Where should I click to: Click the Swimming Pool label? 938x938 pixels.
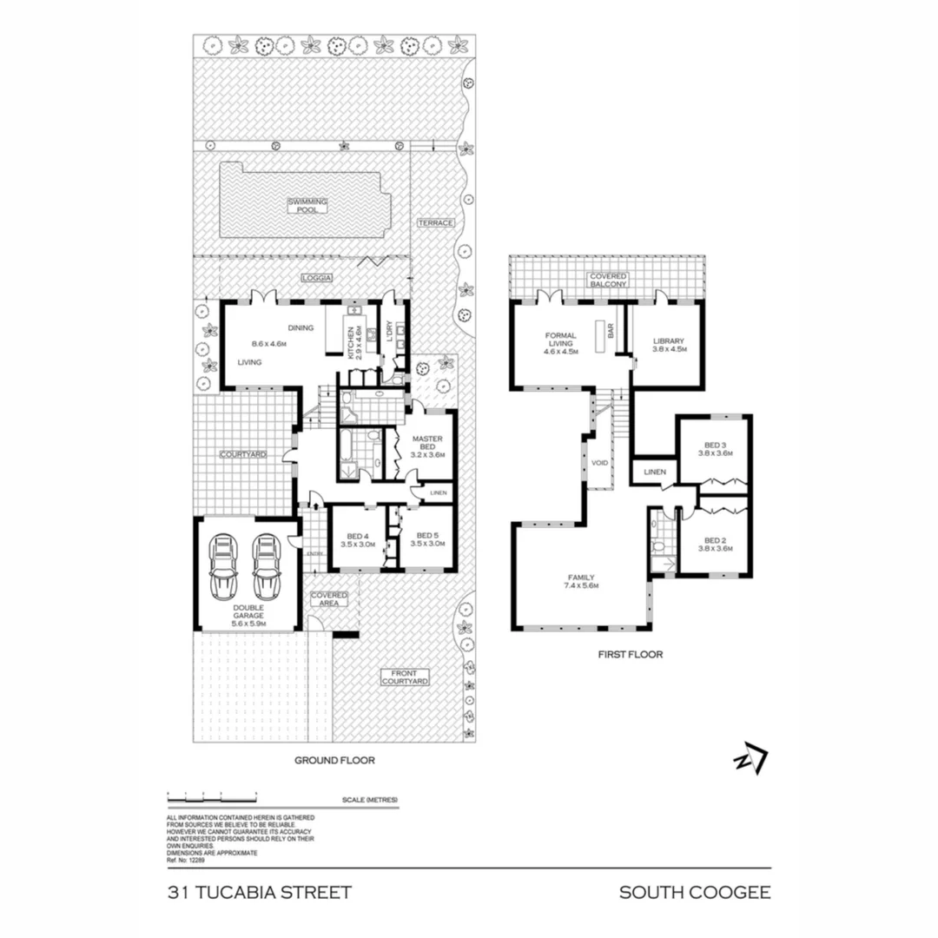308,205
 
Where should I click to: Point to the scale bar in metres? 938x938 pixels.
213,797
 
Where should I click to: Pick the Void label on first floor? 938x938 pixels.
600,463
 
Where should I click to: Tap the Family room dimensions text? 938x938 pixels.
581,585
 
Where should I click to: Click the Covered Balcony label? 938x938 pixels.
608,281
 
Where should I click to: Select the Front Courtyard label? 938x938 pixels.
405,677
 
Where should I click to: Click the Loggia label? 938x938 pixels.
317,277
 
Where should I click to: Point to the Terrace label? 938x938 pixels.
434,222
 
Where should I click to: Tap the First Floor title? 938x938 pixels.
630,654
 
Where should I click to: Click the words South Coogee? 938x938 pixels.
694,893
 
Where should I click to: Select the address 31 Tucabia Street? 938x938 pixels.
259,893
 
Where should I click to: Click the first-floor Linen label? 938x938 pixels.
654,472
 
